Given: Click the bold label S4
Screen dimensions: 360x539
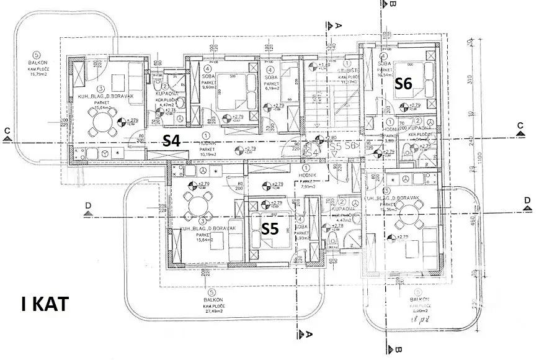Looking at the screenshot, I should tap(171, 141).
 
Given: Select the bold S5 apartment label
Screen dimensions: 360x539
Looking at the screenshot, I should tap(270, 228).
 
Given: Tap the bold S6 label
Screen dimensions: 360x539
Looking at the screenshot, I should tap(404, 84).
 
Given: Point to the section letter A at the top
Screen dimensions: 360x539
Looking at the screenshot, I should tap(339, 26).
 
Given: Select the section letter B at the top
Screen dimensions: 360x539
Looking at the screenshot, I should tap(393, 4).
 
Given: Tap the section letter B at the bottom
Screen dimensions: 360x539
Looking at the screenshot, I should tap(393, 351).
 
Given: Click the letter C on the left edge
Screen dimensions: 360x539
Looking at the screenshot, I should tap(6, 130).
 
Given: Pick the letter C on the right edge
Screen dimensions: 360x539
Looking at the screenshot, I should tap(521, 125).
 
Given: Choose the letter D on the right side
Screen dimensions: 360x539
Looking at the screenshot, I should tap(528, 200).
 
